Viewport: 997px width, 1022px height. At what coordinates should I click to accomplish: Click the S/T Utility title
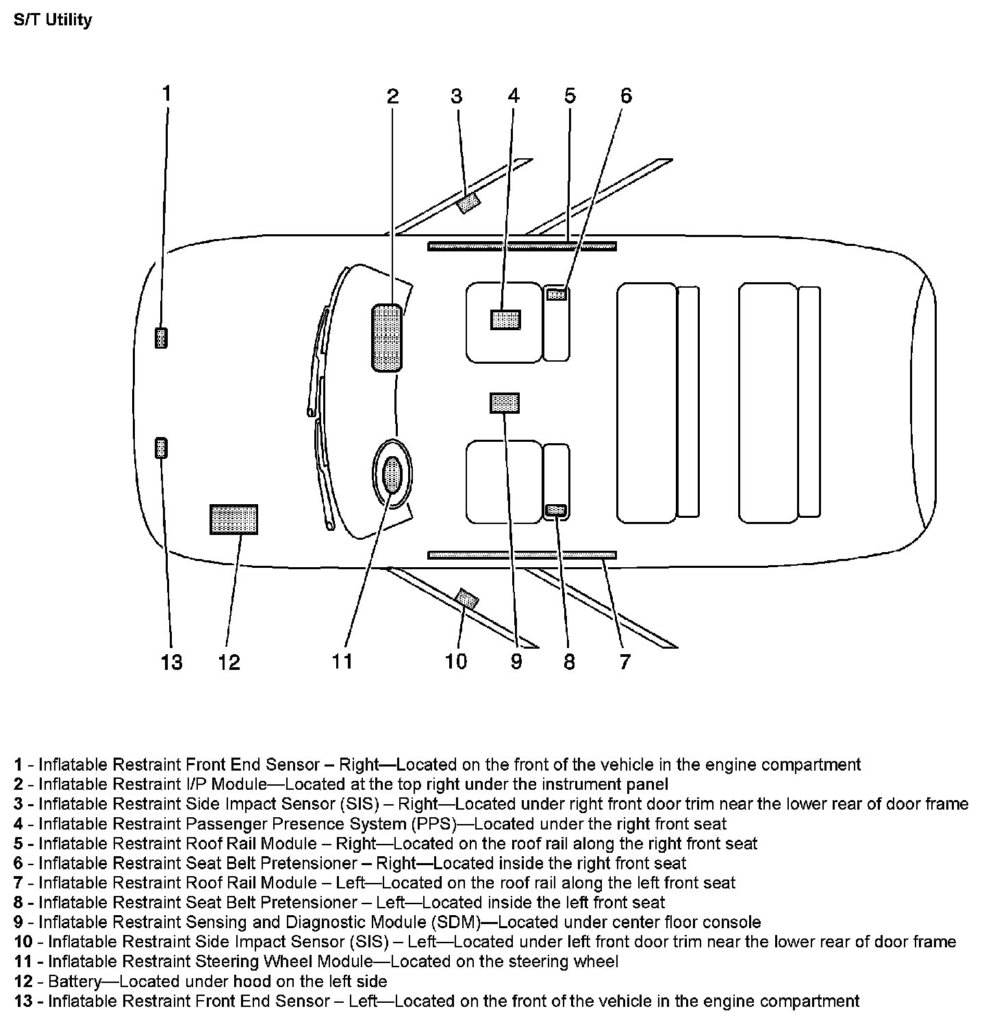point(53,20)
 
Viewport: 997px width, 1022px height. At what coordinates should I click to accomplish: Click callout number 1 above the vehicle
point(166,93)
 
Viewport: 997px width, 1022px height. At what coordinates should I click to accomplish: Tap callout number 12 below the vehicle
point(229,662)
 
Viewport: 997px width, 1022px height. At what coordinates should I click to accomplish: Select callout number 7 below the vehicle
point(624,662)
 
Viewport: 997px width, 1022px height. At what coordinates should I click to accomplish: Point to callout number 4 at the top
point(514,96)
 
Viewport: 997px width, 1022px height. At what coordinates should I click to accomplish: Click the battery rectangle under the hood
point(234,519)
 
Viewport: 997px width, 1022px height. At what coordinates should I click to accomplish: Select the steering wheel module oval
point(392,474)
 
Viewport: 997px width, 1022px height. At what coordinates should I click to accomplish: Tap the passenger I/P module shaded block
point(387,338)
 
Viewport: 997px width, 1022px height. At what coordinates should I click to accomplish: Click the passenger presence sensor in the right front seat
point(505,320)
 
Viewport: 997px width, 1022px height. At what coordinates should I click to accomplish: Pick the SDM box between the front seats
point(505,403)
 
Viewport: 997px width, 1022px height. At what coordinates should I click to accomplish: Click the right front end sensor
point(161,338)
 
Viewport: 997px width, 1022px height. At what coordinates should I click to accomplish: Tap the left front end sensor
point(161,448)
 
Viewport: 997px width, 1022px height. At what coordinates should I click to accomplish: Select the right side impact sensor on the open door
point(468,203)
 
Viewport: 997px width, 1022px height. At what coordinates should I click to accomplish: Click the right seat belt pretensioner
point(557,295)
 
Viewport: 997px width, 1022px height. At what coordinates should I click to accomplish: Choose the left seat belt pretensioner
point(556,510)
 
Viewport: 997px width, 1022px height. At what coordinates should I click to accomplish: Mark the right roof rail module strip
point(522,246)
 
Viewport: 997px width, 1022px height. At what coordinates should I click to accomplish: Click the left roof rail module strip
point(522,555)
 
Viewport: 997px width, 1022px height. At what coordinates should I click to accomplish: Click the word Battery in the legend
point(75,982)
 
